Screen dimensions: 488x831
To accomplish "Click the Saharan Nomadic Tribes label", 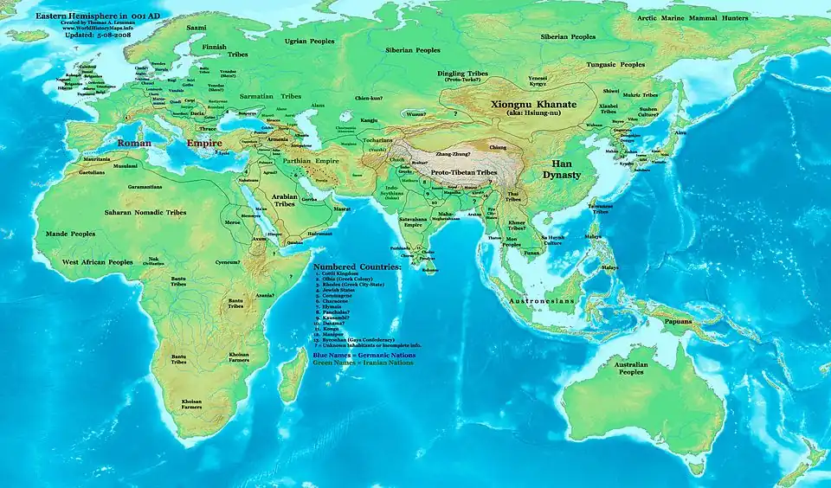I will [145, 212].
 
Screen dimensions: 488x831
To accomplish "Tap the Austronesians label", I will [541, 300].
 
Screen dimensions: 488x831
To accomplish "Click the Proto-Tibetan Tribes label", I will [464, 173].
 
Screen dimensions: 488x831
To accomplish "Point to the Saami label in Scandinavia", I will [196, 28].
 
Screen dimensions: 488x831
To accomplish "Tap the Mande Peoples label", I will [71, 234].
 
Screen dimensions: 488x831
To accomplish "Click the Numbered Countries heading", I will [358, 267].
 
